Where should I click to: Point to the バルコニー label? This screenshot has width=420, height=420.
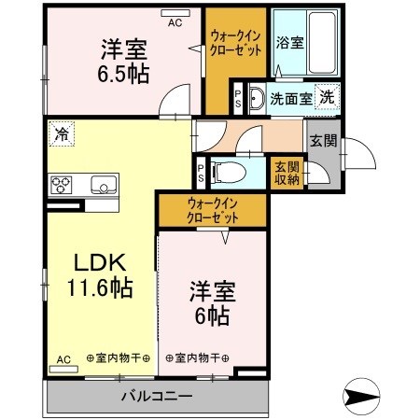(156, 396)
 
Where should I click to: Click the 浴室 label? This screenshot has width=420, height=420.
(289, 43)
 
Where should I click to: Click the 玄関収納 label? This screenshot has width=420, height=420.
(286, 173)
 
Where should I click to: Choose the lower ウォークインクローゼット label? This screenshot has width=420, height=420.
(211, 210)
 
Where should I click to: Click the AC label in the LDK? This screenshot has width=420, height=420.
(63, 359)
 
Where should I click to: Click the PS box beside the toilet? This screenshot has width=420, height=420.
(201, 171)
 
